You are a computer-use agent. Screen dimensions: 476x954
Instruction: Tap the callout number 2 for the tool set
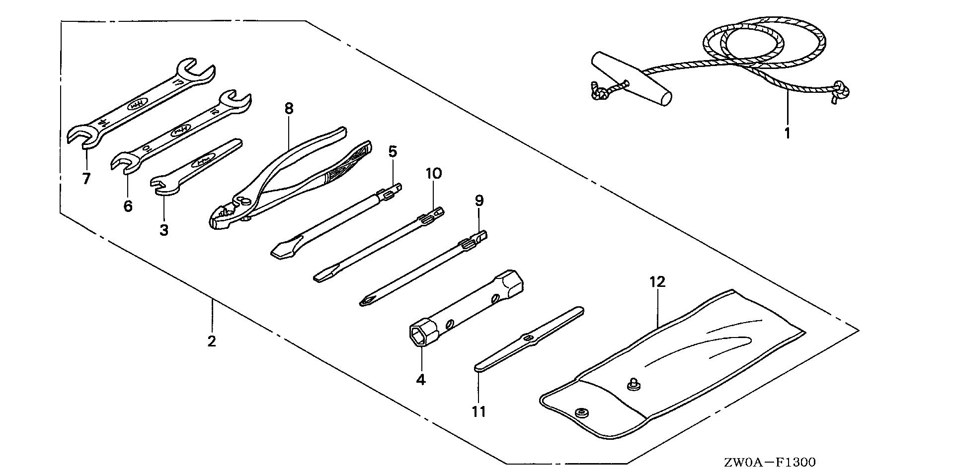[212, 341]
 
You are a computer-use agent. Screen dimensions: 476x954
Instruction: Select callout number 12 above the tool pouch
[657, 282]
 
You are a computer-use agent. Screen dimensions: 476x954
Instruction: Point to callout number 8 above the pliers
[289, 109]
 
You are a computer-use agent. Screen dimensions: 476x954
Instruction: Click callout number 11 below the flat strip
[479, 411]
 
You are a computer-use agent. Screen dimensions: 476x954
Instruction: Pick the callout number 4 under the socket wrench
[421, 380]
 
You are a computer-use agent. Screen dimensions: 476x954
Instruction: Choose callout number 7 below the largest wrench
[86, 179]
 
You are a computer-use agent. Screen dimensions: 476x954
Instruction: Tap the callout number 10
[433, 174]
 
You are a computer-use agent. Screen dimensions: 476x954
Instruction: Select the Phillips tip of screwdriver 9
[366, 300]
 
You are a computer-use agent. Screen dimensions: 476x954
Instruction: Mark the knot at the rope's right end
[841, 90]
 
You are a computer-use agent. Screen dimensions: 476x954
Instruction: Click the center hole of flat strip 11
[529, 339]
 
